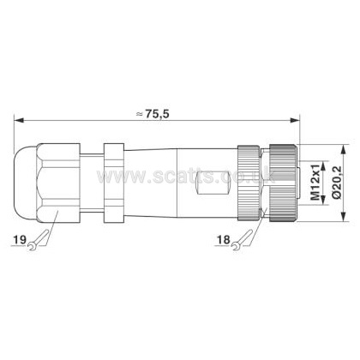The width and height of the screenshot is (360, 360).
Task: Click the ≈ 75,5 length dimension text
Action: click(153, 114)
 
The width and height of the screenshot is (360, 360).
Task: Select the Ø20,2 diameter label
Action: click(337, 183)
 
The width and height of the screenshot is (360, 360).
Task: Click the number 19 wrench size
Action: click(20, 239)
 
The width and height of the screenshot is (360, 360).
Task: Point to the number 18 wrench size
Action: click(223, 239)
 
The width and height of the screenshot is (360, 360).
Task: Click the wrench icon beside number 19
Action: click(38, 241)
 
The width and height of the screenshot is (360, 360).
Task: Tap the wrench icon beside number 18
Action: click(242, 241)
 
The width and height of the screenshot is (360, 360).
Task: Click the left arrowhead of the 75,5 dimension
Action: click(18, 121)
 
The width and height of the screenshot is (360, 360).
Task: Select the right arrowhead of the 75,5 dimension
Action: click(295, 121)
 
